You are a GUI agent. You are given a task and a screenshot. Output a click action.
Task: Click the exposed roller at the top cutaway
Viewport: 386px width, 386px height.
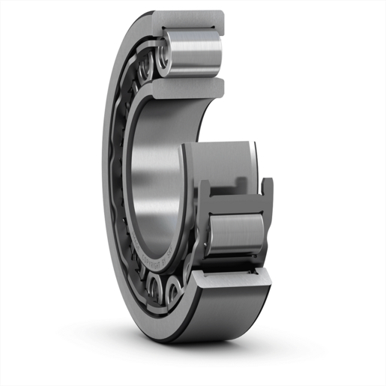point(197,52)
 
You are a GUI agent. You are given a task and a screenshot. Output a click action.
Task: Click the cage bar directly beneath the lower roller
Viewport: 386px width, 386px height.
point(234,259)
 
